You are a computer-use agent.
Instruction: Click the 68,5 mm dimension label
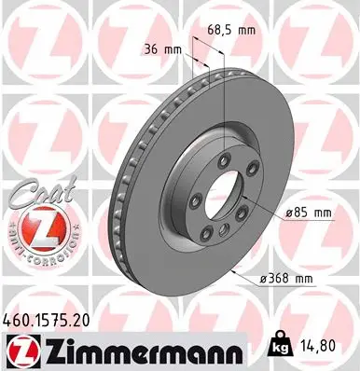(232, 31)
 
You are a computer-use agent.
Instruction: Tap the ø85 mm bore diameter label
(311, 213)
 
